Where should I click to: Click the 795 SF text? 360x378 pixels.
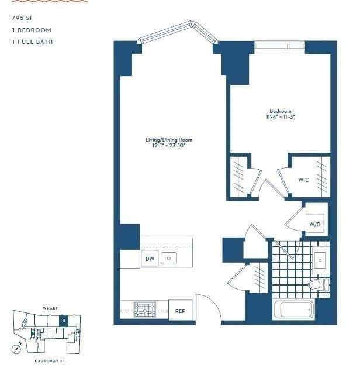click(21, 18)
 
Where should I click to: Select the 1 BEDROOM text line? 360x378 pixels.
click(31, 30)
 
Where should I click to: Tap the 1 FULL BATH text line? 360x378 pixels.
click(33, 42)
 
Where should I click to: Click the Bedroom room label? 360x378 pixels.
click(280, 111)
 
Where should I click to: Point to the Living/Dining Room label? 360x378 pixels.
click(168, 140)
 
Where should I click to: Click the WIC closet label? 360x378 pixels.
click(303, 180)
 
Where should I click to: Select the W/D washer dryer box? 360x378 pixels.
click(314, 224)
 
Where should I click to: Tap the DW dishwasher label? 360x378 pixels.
click(149, 259)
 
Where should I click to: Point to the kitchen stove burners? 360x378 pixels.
click(143, 308)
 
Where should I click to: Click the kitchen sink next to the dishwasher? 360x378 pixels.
click(169, 258)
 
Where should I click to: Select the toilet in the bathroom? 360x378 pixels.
click(318, 285)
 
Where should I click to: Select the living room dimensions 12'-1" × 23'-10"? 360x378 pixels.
click(168, 146)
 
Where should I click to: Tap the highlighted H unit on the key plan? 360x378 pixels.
click(64, 321)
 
